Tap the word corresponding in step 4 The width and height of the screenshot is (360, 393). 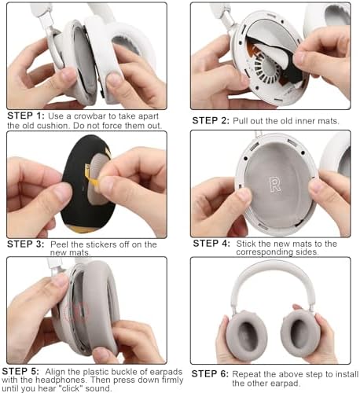(x=264, y=252)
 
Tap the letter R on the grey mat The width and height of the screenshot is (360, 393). (x=275, y=185)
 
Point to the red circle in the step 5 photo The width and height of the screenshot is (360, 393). (x=76, y=312)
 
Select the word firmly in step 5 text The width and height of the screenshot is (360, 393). (x=172, y=380)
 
